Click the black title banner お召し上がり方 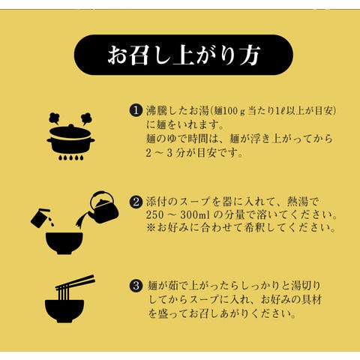point(183,55)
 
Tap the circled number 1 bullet point(136,110)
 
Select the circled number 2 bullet point(136,202)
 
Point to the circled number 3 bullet point(136,286)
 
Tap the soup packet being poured point(40,218)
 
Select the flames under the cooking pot point(70,157)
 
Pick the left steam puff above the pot point(54,118)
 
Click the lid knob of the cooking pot point(71,126)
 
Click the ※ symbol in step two point(151,228)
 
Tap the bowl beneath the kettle point(64,243)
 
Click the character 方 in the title point(250,55)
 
